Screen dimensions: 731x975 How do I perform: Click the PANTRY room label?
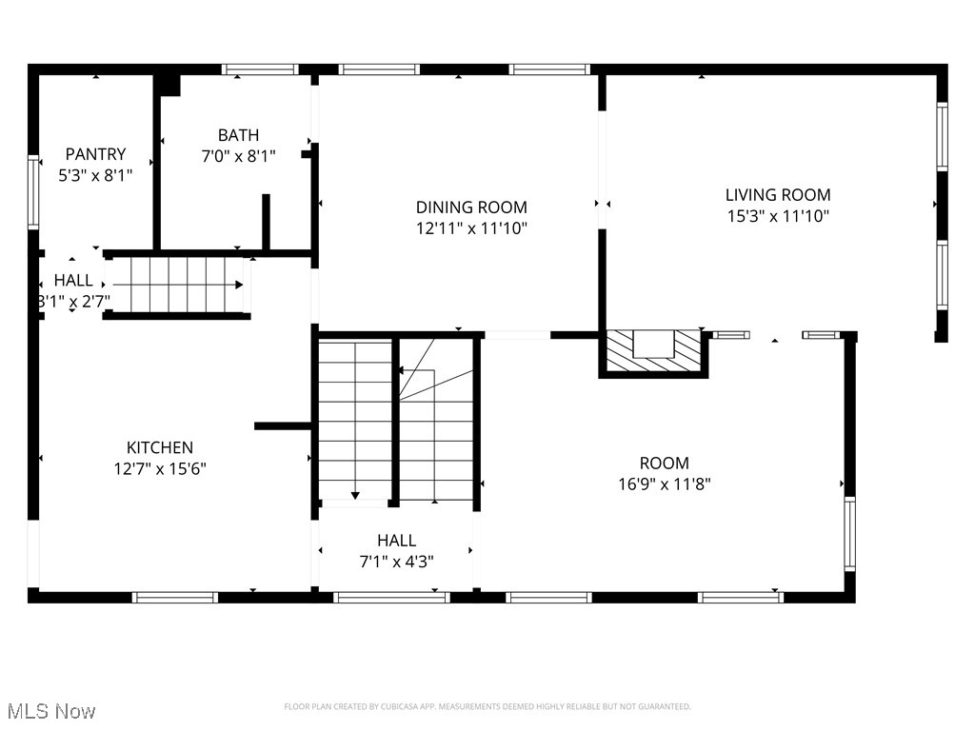click(95, 153)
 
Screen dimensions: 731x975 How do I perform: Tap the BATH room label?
click(238, 135)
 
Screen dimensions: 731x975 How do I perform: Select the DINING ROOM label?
click(471, 207)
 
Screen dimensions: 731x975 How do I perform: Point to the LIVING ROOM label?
click(778, 194)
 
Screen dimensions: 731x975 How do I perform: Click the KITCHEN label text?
click(160, 447)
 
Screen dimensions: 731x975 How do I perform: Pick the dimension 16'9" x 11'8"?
click(664, 484)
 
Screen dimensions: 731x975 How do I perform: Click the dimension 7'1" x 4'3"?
click(396, 562)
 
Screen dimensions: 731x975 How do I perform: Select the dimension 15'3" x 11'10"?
click(778, 216)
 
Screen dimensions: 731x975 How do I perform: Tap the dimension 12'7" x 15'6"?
click(160, 468)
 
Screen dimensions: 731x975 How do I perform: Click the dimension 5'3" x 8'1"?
click(95, 175)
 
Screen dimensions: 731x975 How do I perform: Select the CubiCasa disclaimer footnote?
click(487, 706)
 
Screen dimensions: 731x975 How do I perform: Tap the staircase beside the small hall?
click(177, 285)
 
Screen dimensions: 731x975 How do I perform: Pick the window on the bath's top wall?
click(260, 69)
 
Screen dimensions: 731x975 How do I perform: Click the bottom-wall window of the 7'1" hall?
click(390, 597)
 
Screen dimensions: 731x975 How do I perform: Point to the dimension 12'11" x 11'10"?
click(471, 228)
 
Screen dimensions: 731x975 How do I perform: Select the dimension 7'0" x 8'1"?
click(238, 157)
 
